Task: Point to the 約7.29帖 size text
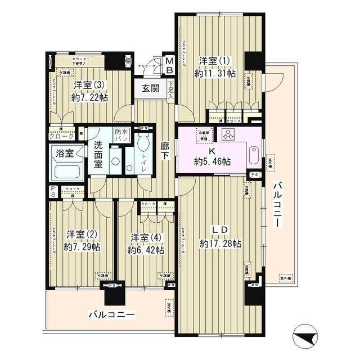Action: click(83, 246)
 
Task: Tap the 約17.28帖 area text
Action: click(220, 244)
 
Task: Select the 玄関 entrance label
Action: click(150, 88)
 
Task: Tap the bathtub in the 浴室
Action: click(66, 168)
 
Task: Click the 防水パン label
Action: click(121, 134)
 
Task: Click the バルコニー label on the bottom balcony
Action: click(110, 314)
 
